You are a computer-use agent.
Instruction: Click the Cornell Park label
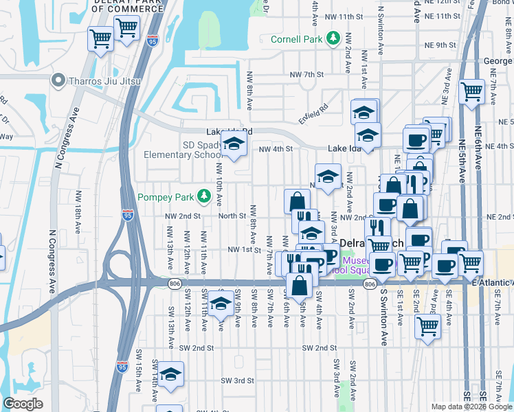point(297,39)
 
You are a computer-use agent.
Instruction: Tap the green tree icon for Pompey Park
point(204,197)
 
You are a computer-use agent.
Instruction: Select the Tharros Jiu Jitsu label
point(104,81)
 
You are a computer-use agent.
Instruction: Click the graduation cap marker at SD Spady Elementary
point(234,145)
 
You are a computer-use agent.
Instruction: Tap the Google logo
point(23,404)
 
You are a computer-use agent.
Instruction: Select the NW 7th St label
point(306,74)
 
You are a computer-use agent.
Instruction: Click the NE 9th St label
point(440,45)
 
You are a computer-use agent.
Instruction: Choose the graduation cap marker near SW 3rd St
point(170,375)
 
